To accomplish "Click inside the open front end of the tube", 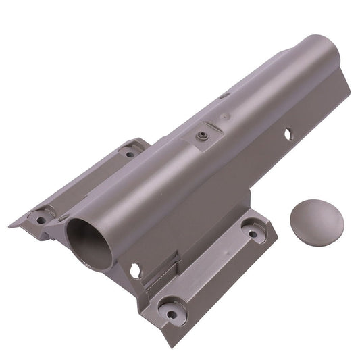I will tap(89, 242).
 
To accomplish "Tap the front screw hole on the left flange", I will tap(41, 219).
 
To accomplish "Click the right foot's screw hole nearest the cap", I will tap(253, 234).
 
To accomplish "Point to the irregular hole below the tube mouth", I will tap(136, 270).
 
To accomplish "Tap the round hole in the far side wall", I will tap(288, 134).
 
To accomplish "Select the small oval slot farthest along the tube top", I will tap(225, 95).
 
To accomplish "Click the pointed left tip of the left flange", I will tap(11, 225).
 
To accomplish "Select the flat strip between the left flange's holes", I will tap(84, 186).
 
